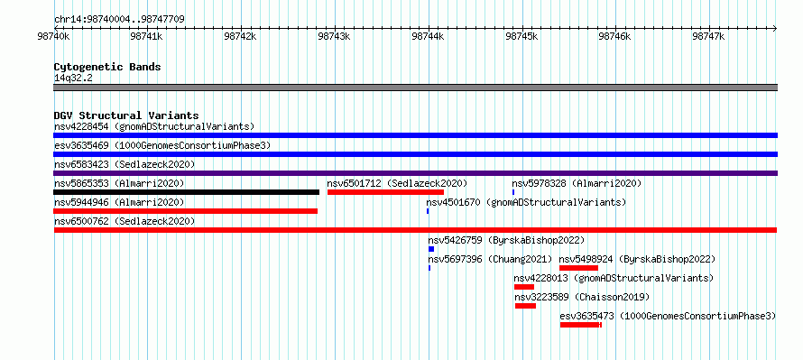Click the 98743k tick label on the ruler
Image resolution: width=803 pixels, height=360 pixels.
[x=334, y=36]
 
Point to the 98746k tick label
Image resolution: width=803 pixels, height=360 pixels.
[x=615, y=36]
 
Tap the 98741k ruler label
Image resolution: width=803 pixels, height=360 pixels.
[x=146, y=36]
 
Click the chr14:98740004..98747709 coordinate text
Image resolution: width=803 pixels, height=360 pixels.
[x=119, y=20]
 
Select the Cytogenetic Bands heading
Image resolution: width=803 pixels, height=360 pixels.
[x=107, y=67]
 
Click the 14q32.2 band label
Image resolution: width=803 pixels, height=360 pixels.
[x=73, y=78]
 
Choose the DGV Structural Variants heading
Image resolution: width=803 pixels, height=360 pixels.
[x=126, y=115]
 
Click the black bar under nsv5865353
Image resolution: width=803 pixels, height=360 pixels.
[x=187, y=192]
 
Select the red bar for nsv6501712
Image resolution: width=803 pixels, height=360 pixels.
[x=385, y=192]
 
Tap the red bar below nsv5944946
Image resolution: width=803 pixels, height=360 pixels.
[x=185, y=211]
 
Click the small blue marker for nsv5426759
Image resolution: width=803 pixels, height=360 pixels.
[x=431, y=249]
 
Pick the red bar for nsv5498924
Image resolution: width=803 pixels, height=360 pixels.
[x=578, y=268]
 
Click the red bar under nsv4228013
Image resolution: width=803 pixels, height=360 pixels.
[x=524, y=287]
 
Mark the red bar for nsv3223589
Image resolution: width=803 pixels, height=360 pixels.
[x=525, y=306]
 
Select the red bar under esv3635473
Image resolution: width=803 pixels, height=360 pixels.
[x=581, y=325]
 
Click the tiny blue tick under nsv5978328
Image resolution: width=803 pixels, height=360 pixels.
[x=513, y=192]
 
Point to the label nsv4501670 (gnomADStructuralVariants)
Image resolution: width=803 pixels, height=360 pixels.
[x=526, y=202]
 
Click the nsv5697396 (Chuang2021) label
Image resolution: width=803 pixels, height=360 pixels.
[x=491, y=259]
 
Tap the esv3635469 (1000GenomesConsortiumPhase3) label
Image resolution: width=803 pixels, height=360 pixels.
[x=162, y=146]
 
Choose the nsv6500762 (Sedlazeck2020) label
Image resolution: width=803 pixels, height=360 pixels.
[x=125, y=221]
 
